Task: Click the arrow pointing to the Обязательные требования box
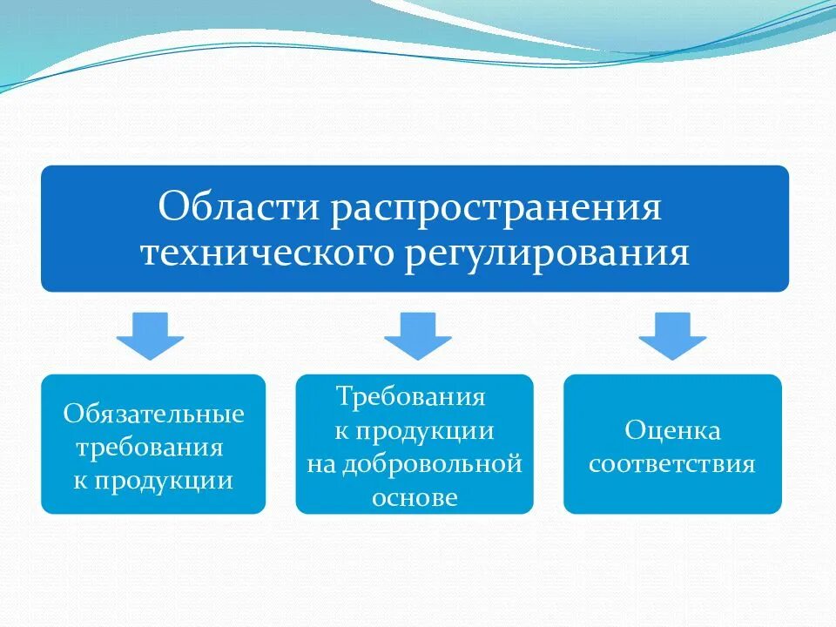click(x=151, y=335)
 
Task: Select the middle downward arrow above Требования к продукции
click(x=418, y=335)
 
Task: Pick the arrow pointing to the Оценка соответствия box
click(x=672, y=335)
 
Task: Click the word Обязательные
click(x=153, y=413)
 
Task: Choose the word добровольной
click(x=433, y=463)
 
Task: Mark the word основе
click(x=415, y=497)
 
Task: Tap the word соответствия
click(x=672, y=462)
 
